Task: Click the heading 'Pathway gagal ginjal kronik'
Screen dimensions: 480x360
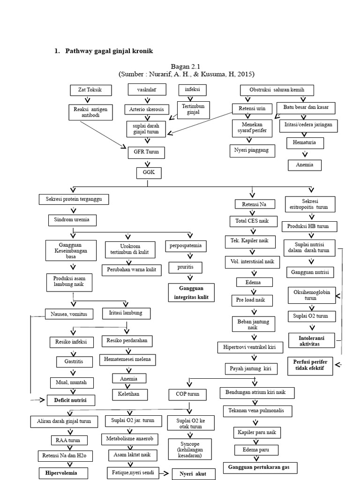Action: point(110,51)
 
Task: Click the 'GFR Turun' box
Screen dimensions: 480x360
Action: point(147,153)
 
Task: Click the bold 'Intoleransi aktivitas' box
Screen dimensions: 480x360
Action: point(311,340)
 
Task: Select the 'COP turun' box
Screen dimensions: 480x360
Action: point(187,395)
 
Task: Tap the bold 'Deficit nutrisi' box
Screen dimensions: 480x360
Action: point(70,400)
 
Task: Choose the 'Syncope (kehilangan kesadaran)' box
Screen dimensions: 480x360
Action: point(190,449)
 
